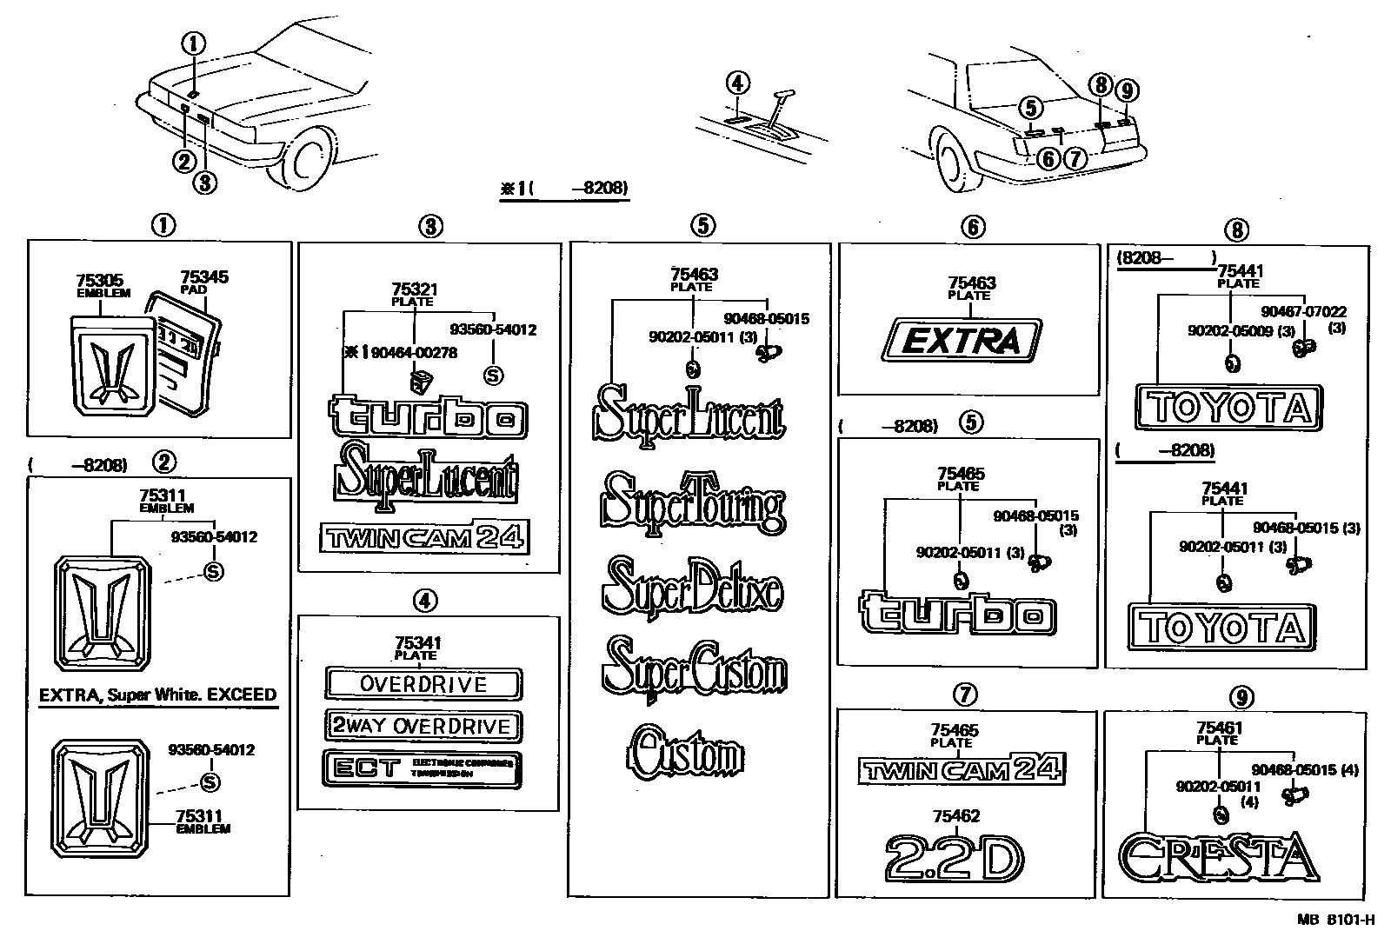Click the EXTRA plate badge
[x=962, y=340]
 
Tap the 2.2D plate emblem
[x=954, y=859]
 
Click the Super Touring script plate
[x=693, y=504]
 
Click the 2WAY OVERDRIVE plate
[x=423, y=726]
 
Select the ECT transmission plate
[x=423, y=769]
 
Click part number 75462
[x=955, y=816]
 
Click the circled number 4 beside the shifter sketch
[x=736, y=83]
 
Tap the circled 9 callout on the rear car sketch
[x=1127, y=90]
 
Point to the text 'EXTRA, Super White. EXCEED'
[x=158, y=695]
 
